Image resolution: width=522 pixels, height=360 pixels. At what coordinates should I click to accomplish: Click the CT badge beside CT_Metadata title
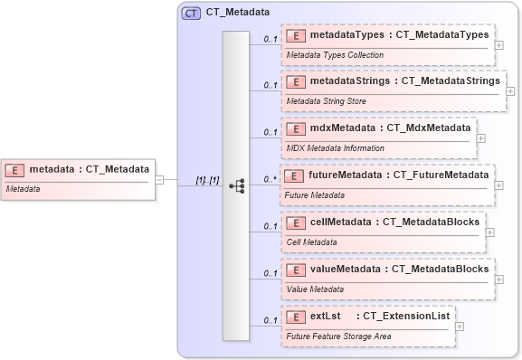pyautogui.click(x=191, y=14)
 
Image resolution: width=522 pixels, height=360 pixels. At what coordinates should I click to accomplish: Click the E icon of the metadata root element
pyautogui.click(x=15, y=169)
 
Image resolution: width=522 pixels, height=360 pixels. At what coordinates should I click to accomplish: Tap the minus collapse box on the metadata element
pyautogui.click(x=159, y=179)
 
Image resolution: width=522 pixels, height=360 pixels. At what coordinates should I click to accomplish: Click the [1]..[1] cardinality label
pyautogui.click(x=207, y=180)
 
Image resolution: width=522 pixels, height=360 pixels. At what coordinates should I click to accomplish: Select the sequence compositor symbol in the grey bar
pyautogui.click(x=236, y=185)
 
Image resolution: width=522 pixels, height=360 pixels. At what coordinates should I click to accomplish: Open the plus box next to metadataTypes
pyautogui.click(x=499, y=44)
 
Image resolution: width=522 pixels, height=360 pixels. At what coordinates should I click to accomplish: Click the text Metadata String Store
pyautogui.click(x=326, y=101)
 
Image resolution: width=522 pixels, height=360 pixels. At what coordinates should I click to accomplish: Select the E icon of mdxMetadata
pyautogui.click(x=296, y=128)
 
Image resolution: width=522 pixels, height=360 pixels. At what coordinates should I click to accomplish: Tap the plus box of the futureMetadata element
pyautogui.click(x=499, y=185)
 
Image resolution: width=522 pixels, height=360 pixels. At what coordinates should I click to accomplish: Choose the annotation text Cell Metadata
pyautogui.click(x=312, y=242)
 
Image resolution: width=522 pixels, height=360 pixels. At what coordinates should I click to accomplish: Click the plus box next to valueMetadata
pyautogui.click(x=499, y=279)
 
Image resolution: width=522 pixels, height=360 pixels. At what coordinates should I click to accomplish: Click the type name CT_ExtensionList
pyautogui.click(x=403, y=316)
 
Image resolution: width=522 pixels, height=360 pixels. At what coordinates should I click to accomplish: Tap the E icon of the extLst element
pyautogui.click(x=296, y=316)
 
